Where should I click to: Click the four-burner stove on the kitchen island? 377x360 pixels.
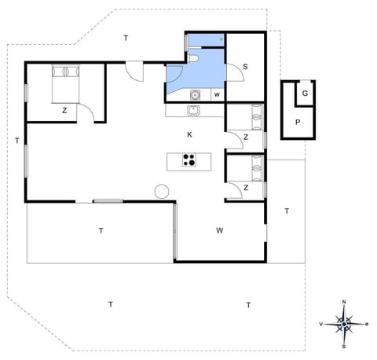[189, 161]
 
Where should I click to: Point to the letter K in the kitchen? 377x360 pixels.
[189, 134]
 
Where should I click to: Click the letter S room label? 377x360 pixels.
[245, 67]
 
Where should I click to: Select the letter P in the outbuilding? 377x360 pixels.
[298, 122]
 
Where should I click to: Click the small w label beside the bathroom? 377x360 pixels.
[216, 95]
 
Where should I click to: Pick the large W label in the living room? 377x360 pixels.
[221, 230]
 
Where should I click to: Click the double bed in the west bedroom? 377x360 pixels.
[66, 82]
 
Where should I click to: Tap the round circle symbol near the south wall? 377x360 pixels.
[162, 191]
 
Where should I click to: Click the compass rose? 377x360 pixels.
[344, 323]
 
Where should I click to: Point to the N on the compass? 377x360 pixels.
[344, 302]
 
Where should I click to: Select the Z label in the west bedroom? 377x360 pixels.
[64, 111]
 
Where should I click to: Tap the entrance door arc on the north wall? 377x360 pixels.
[134, 70]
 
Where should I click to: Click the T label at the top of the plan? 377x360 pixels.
[125, 38]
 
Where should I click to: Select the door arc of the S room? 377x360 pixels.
[234, 72]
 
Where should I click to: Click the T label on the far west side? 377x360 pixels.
[16, 141]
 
